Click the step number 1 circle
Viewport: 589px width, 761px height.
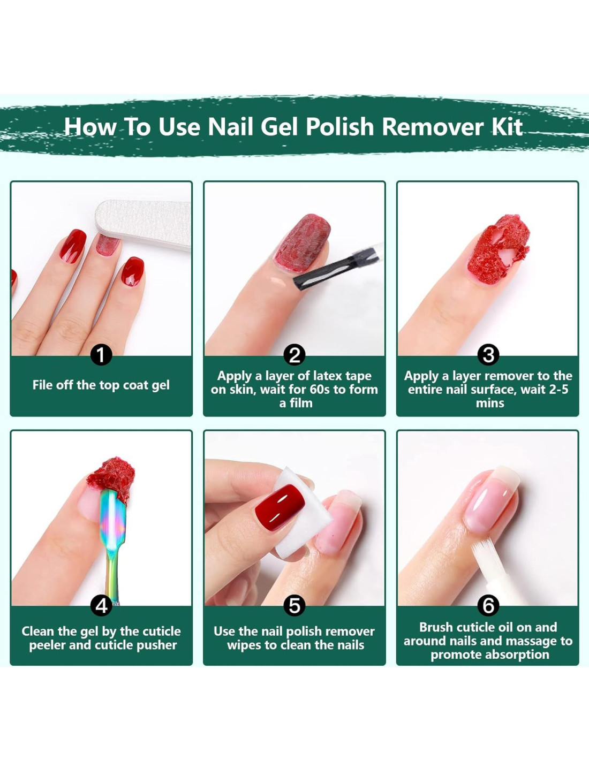click(x=101, y=355)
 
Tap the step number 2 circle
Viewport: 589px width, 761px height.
click(x=294, y=355)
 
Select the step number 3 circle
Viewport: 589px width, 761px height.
click(x=488, y=355)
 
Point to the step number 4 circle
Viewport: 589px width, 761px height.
click(x=101, y=605)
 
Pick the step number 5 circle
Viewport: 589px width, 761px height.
click(x=294, y=605)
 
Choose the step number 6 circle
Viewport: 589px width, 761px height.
click(x=488, y=605)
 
